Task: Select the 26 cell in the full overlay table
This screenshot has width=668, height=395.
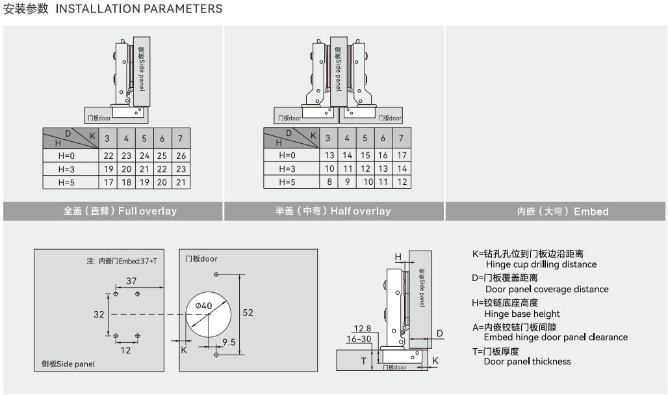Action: click(181, 156)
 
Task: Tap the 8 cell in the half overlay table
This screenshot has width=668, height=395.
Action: click(329, 182)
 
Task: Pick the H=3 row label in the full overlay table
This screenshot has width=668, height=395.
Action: click(68, 169)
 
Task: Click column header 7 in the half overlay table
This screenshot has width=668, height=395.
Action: click(402, 138)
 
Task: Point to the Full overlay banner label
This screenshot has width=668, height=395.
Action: click(120, 211)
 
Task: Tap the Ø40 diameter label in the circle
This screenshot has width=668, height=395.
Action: click(203, 306)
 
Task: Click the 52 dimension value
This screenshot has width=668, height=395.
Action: click(248, 312)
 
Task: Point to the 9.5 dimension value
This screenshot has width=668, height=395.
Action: click(229, 342)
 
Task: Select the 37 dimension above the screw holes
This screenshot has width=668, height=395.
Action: click(132, 280)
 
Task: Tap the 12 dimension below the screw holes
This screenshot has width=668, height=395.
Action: click(125, 349)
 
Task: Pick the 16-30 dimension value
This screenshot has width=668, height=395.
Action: click(359, 339)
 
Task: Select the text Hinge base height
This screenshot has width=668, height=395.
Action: click(522, 314)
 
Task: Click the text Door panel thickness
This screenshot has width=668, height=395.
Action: click(527, 361)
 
